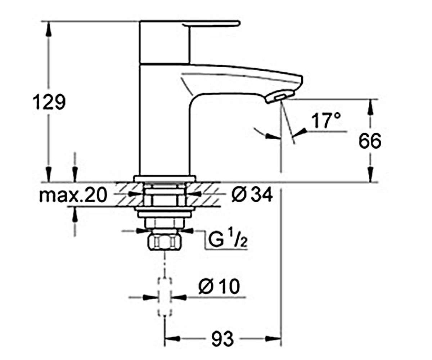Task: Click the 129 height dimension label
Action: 49,102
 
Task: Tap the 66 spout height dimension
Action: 370,141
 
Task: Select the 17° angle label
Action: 326,121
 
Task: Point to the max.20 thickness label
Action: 73,195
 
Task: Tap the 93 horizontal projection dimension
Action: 222,339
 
